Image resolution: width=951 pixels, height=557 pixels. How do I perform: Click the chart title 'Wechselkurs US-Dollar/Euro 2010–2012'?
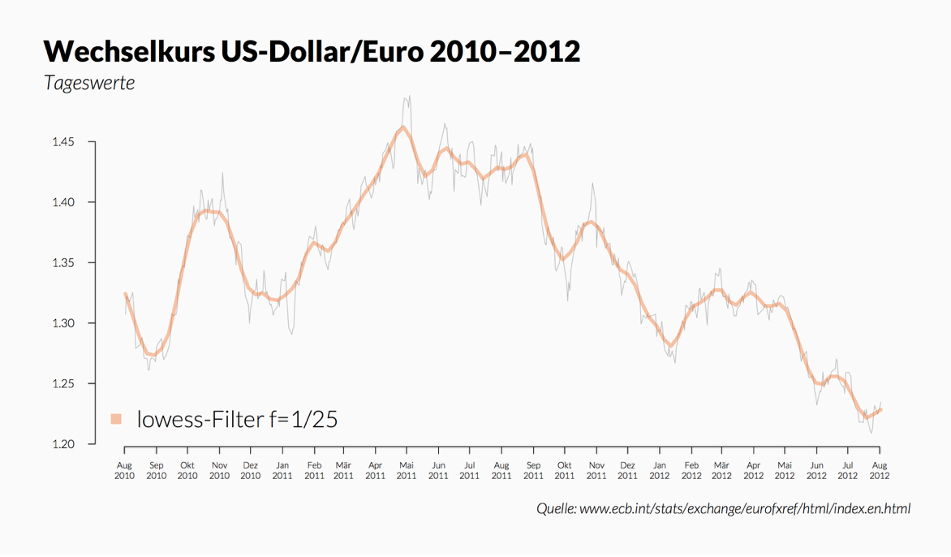click(x=312, y=51)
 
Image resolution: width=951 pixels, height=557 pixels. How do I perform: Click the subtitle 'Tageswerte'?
click(x=89, y=83)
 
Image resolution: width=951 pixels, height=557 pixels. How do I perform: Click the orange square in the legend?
click(x=116, y=419)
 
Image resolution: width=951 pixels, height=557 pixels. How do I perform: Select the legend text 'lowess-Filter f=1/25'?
click(x=237, y=419)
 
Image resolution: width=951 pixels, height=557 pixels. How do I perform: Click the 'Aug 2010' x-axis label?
click(x=125, y=470)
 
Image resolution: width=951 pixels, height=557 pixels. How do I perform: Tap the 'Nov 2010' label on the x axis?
click(x=219, y=470)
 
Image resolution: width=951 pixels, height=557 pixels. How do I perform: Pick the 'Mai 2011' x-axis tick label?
click(x=407, y=470)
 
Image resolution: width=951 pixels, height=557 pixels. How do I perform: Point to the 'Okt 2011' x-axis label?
click(x=564, y=470)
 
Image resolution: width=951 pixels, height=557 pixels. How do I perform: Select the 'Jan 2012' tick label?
click(x=659, y=470)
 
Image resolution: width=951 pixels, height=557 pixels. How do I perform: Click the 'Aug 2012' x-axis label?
click(x=879, y=470)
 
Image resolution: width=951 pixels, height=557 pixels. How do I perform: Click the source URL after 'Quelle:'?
click(x=745, y=508)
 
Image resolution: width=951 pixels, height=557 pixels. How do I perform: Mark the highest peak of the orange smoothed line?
click(x=403, y=127)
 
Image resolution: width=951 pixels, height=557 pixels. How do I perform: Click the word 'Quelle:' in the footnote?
click(x=556, y=508)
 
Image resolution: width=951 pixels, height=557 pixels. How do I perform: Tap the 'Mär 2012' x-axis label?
click(x=721, y=470)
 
